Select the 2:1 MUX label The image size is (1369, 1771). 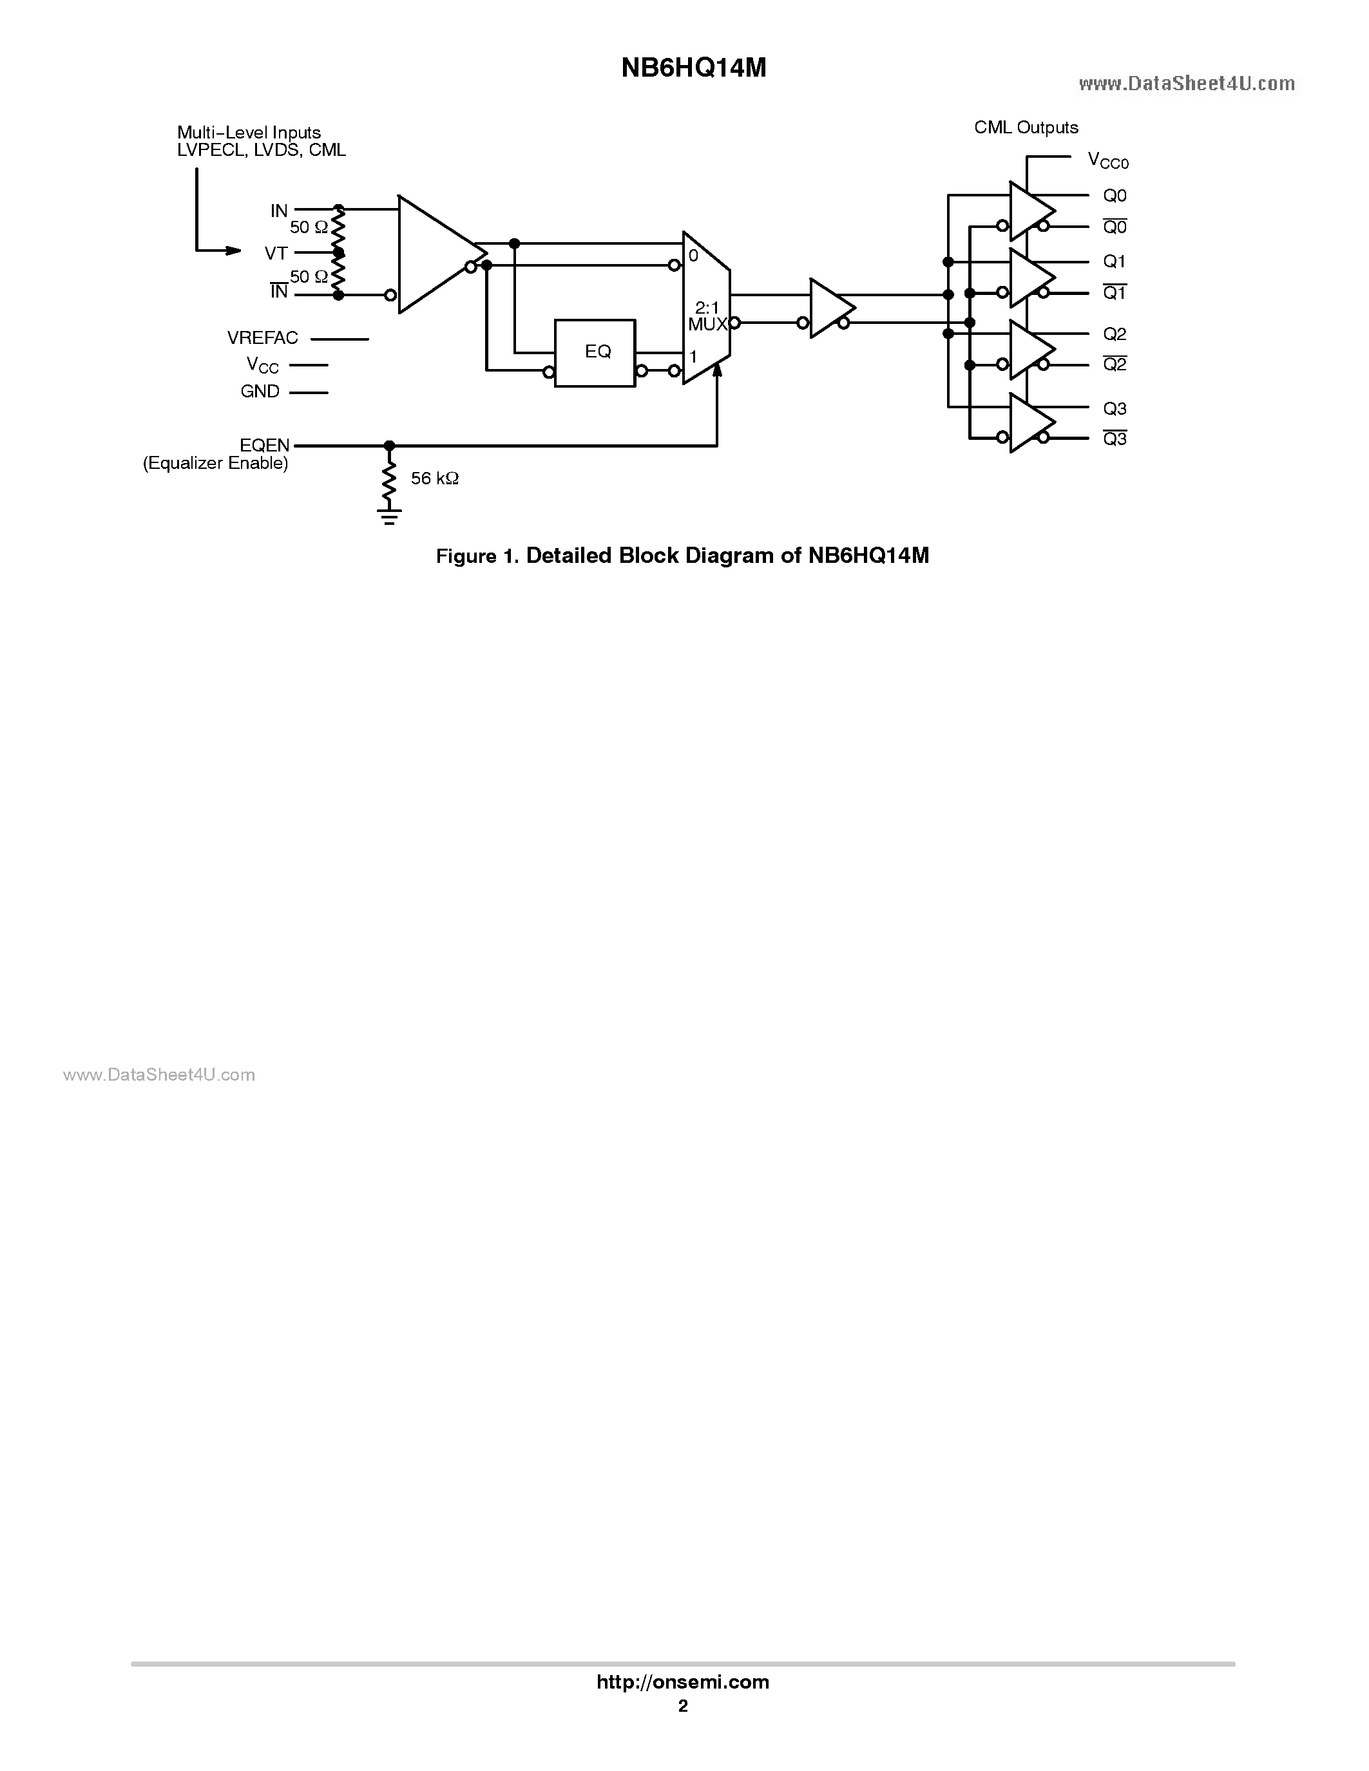(x=707, y=316)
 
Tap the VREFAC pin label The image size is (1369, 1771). (x=263, y=338)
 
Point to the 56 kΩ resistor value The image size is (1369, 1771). (x=435, y=478)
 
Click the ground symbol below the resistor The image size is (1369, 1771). (x=389, y=516)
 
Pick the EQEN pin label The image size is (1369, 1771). (x=264, y=445)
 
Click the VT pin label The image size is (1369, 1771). (x=276, y=253)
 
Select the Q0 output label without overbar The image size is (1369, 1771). (x=1115, y=195)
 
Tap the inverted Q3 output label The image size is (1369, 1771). (x=1115, y=439)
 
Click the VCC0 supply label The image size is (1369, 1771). (x=1107, y=160)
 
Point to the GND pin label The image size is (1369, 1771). (x=260, y=392)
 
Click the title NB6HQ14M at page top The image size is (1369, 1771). (x=693, y=69)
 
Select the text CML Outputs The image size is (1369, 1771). (x=1026, y=128)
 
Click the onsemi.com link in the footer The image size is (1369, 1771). (x=683, y=1681)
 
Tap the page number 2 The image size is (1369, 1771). (x=683, y=1706)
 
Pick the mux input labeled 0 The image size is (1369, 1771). (x=693, y=256)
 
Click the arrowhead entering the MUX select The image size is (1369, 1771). (x=717, y=370)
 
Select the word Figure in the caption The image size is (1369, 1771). (x=466, y=556)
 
